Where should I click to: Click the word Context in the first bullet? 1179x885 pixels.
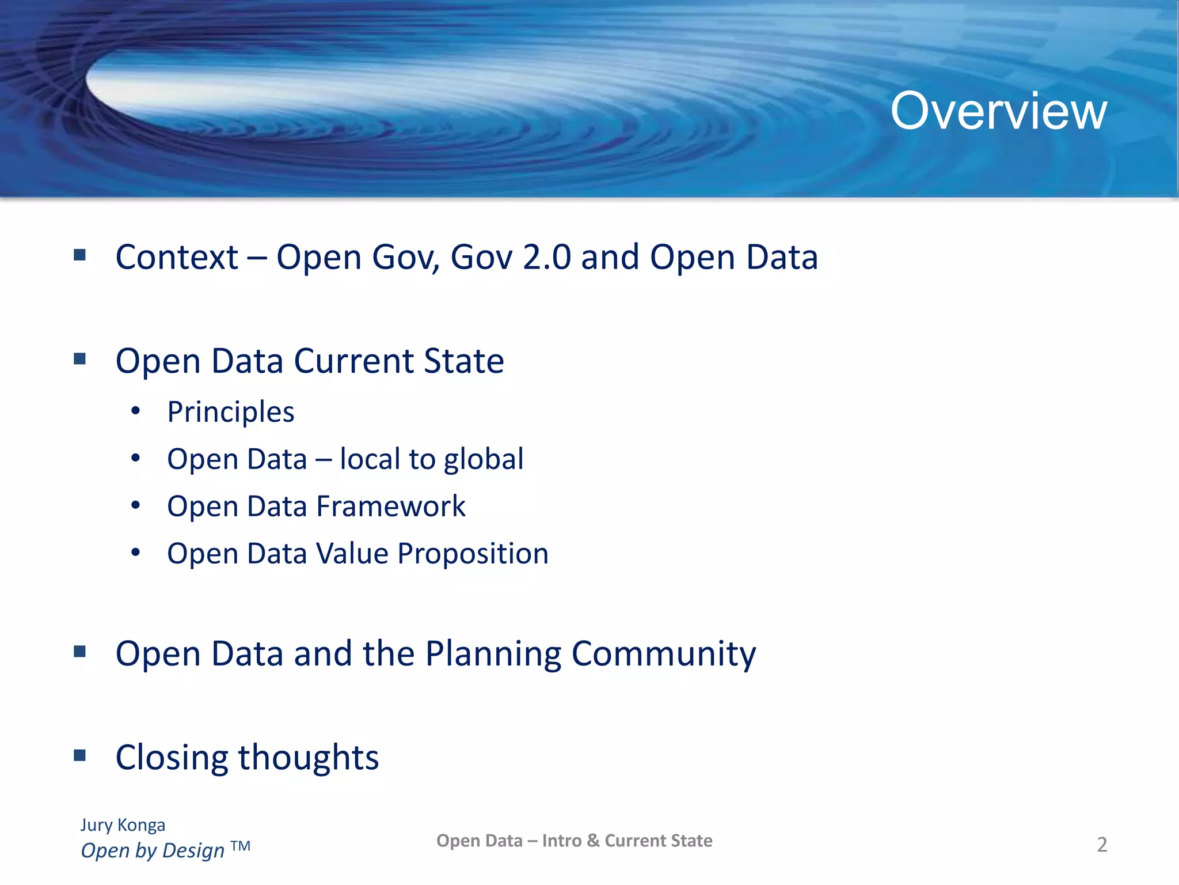(176, 257)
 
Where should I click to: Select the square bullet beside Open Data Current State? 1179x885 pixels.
(80, 359)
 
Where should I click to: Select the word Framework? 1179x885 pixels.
(390, 506)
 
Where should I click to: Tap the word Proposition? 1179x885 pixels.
(473, 554)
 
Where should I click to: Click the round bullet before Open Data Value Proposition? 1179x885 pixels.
(135, 553)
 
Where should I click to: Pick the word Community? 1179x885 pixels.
(663, 655)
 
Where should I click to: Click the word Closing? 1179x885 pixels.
(172, 758)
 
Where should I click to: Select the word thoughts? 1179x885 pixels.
(309, 758)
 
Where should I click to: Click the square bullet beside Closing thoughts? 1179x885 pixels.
(80, 755)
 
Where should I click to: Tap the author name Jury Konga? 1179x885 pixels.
(123, 825)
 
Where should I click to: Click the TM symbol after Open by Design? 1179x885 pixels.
(240, 846)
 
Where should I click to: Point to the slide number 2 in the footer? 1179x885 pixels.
(1101, 845)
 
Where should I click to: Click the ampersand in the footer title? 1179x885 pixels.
(593, 841)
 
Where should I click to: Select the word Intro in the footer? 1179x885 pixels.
(561, 841)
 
